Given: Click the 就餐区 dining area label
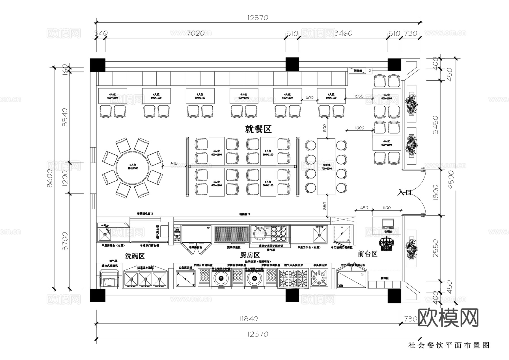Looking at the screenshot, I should [x=258, y=129].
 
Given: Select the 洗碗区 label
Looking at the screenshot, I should [x=135, y=256].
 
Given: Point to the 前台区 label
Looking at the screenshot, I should [x=368, y=254].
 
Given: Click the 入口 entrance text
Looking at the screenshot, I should [x=404, y=193].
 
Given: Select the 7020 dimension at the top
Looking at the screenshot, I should [x=195, y=33].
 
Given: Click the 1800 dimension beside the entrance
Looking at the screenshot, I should [x=435, y=193].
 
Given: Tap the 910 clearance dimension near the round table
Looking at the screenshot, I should [x=174, y=163].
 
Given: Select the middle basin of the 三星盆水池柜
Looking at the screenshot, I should [x=145, y=279].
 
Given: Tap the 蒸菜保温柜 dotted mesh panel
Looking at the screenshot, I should [x=231, y=234].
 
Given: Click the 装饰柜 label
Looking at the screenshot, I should [x=384, y=278].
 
